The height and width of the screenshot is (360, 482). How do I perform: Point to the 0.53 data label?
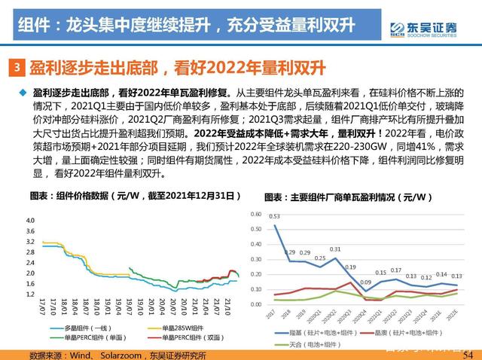pos(275,216)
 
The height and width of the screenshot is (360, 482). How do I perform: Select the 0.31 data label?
pos(335,249)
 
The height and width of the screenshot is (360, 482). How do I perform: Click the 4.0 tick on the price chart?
pos(30,221)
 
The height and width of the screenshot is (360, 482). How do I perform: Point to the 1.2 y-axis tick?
pos(30,294)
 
